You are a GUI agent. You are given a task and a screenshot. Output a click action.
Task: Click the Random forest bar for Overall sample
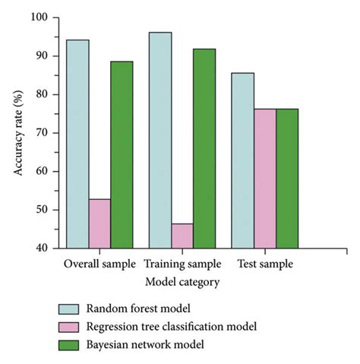77,144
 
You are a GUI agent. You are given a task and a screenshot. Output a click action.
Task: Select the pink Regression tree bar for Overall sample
99,223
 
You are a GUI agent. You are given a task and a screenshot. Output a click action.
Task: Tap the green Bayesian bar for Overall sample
122,155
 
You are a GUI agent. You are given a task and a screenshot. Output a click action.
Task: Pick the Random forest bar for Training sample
160,140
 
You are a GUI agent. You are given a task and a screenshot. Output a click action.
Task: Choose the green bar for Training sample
204,148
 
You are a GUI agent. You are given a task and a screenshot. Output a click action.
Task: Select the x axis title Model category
182,281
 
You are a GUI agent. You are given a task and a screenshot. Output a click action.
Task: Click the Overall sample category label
99,264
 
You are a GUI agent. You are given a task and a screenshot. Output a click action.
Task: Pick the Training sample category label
182,264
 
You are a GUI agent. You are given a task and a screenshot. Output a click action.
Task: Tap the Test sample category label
265,264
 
